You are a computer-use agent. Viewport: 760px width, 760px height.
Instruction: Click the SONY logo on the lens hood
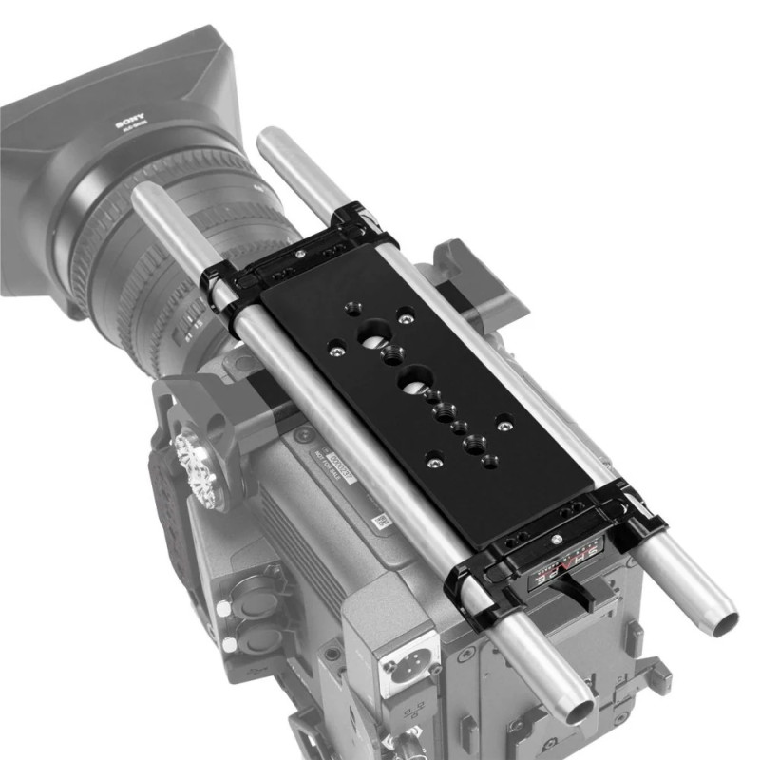pyautogui.click(x=127, y=123)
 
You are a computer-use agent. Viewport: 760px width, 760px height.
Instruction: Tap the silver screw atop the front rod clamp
pyautogui.click(x=301, y=254)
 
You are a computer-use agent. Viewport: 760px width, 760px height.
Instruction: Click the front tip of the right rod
pyautogui.click(x=269, y=138)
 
